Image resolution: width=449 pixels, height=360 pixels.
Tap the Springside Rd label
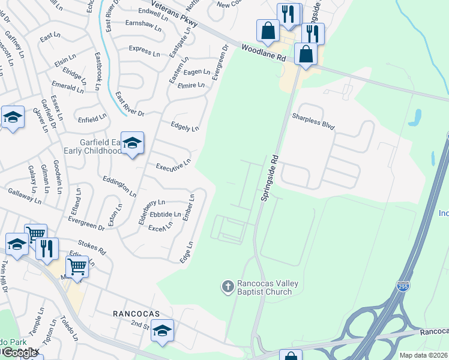[270, 179]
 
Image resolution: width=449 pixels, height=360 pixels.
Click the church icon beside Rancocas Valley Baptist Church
[228, 287]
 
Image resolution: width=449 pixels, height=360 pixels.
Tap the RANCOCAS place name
[134, 313]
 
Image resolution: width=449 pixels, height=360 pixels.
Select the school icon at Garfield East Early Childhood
[133, 143]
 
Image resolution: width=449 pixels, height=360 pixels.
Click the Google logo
[20, 353]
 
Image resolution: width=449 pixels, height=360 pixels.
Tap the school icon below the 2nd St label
[162, 331]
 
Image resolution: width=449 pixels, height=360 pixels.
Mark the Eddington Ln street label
[119, 186]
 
